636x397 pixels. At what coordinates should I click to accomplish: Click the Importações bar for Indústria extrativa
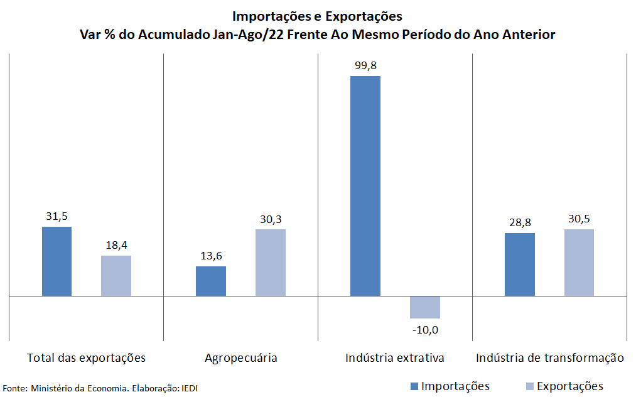pos(365,186)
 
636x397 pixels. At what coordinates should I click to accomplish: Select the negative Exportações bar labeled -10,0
pos(425,307)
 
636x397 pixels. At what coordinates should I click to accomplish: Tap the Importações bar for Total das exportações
pos(57,261)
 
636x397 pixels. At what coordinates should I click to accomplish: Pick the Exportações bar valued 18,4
pos(116,276)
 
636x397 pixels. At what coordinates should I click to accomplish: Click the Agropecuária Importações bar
pos(211,281)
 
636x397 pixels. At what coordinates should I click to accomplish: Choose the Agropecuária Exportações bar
pos(271,263)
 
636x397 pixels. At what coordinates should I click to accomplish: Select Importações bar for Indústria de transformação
pos(520,264)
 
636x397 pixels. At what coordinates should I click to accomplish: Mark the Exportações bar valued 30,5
pos(579,263)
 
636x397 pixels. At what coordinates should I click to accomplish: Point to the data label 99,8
pos(365,65)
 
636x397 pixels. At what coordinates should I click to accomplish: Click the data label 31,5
pos(57,216)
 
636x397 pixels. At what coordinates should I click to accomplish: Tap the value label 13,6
pos(211,256)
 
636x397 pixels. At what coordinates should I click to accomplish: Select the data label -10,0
pos(425,330)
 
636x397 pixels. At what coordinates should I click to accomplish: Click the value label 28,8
pos(520,222)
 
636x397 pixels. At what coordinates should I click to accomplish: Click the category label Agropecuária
pos(241,358)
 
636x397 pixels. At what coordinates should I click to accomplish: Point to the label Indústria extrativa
pos(395,358)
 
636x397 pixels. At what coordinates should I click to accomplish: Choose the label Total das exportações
pos(87,358)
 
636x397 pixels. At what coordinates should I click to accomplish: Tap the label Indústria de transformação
pos(550,358)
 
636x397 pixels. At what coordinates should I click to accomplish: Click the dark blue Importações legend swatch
pos(414,386)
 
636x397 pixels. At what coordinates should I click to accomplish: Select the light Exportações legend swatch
pos(529,386)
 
